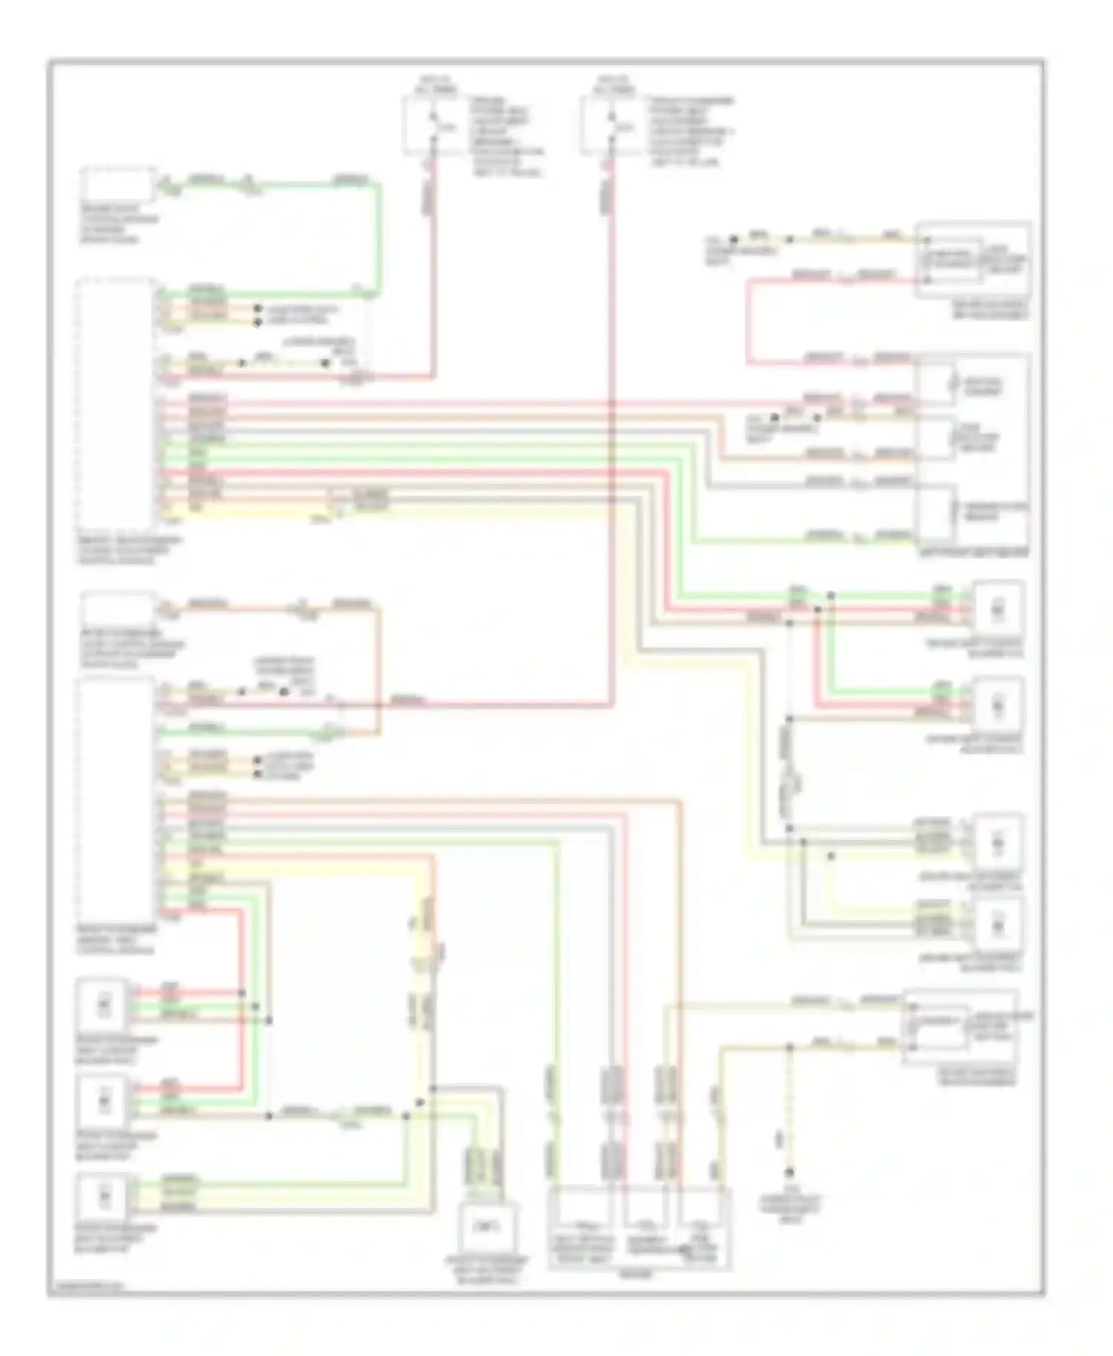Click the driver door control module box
point(117,185)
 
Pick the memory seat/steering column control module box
point(115,404)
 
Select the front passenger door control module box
point(117,609)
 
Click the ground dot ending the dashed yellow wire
point(789,1172)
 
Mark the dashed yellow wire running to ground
point(789,1113)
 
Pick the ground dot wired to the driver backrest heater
point(734,240)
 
